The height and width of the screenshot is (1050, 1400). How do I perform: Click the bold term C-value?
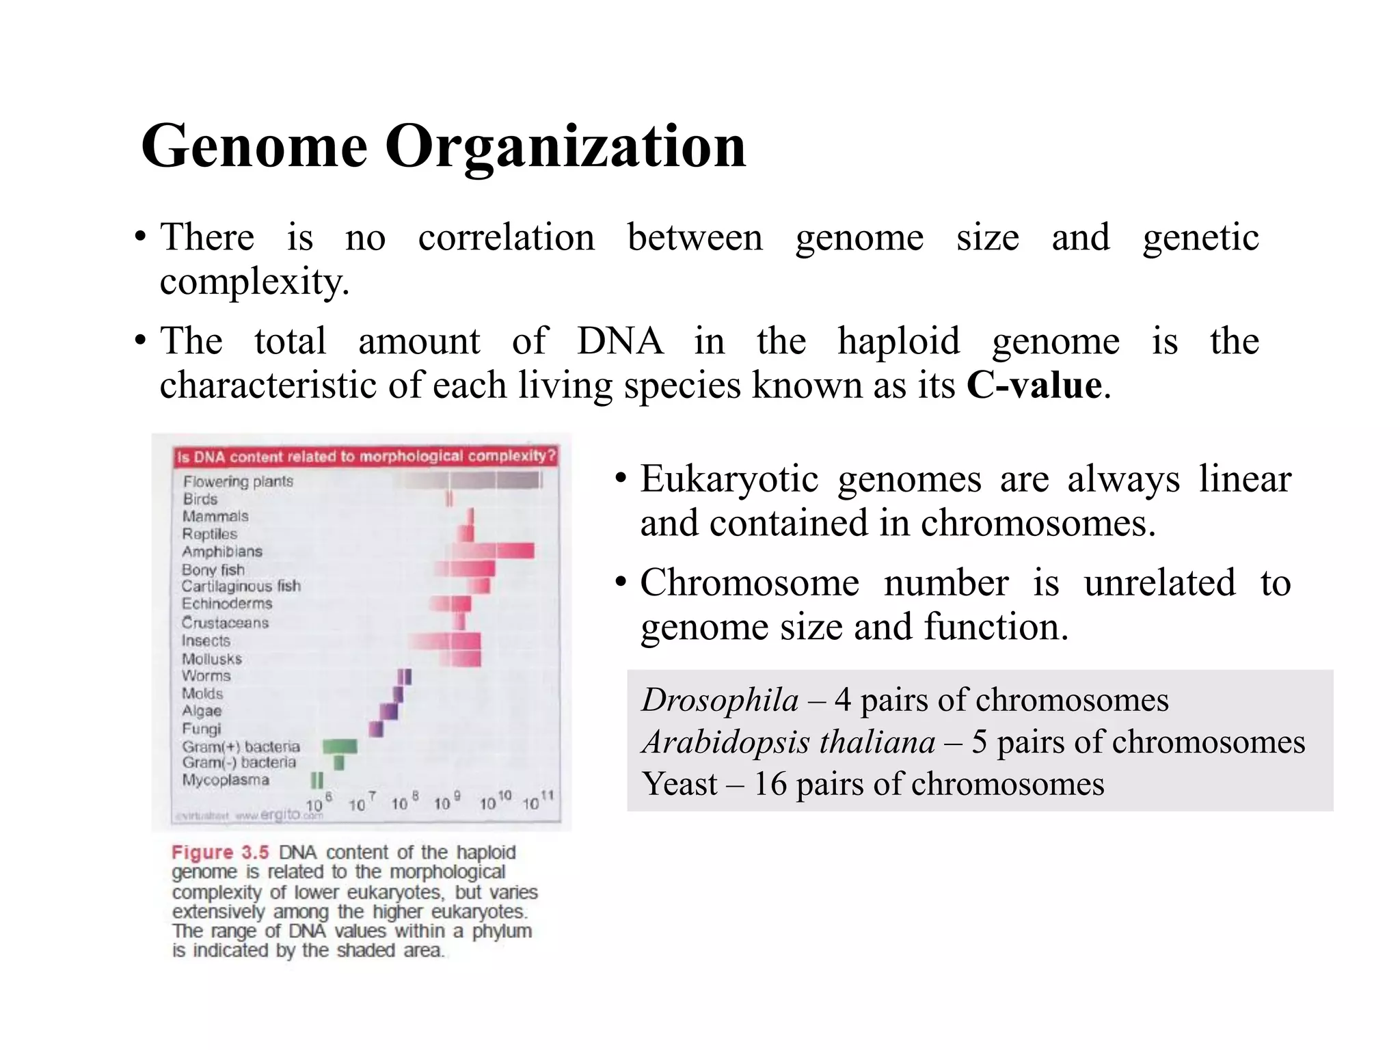[x=1034, y=386]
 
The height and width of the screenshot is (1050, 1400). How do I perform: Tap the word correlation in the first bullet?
[x=506, y=238]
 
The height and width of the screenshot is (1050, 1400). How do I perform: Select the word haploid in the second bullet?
[x=898, y=341]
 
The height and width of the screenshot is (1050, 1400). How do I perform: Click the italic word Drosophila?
[x=720, y=700]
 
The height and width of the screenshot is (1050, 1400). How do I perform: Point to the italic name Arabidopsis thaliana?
[x=788, y=742]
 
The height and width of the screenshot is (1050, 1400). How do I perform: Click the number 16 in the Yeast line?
[x=770, y=784]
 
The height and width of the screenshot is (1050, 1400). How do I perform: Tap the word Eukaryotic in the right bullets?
[x=729, y=479]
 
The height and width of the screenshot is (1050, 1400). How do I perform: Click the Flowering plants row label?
[x=237, y=481]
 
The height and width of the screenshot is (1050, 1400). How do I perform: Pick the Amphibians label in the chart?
[x=221, y=552]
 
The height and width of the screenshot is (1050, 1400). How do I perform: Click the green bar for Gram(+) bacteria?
[x=340, y=746]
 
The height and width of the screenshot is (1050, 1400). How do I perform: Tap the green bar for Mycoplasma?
[x=317, y=780]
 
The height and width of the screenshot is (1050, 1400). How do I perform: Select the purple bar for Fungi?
[x=376, y=729]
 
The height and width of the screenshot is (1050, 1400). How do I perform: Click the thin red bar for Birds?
[x=449, y=499]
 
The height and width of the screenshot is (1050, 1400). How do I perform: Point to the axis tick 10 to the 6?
[x=318, y=803]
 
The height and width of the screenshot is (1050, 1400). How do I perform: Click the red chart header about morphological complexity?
[x=366, y=457]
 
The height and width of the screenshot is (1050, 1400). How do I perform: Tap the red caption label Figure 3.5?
[x=220, y=852]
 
